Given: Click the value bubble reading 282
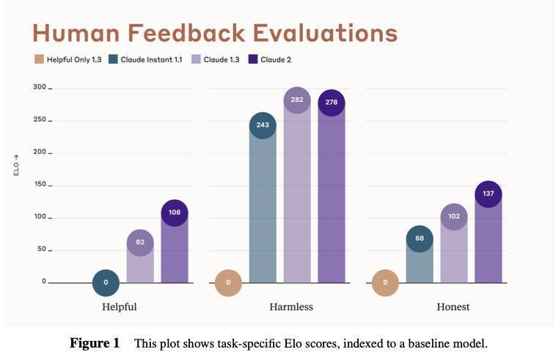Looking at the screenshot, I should click(297, 100).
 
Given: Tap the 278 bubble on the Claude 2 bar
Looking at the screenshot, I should click(332, 103).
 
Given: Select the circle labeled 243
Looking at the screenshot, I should click(263, 125).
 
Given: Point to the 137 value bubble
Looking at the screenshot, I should click(489, 194).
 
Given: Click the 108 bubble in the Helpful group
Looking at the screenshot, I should click(175, 213).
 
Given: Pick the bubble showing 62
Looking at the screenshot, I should click(140, 243).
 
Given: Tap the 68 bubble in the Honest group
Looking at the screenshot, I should click(420, 239).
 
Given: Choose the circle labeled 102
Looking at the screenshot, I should click(454, 217).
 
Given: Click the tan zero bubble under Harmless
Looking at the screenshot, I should click(228, 282).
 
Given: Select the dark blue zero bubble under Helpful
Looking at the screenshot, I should click(106, 282).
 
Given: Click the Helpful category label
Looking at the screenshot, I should click(120, 306).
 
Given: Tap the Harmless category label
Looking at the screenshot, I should click(291, 306).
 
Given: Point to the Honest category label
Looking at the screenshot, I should click(453, 306).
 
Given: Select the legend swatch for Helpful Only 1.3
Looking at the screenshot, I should click(39, 59).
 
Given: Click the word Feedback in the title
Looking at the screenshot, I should click(189, 33).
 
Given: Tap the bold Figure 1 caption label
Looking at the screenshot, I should click(95, 343).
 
